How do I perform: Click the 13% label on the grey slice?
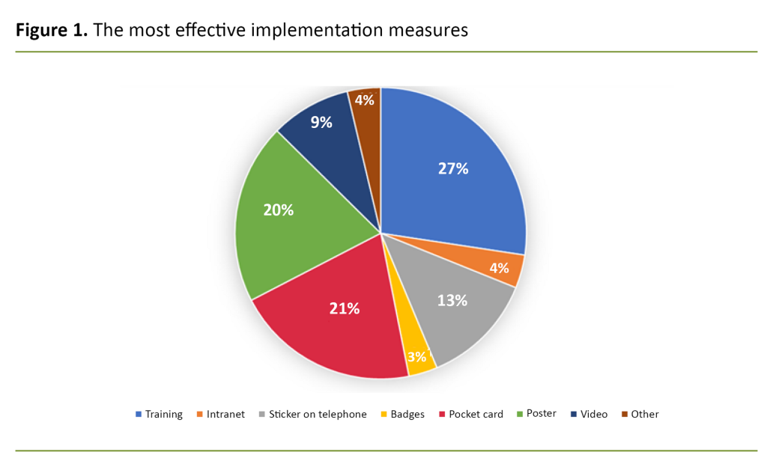452,300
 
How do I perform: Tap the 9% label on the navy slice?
321,122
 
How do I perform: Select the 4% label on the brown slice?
365,100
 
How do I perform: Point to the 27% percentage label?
453,168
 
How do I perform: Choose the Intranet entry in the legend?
225,414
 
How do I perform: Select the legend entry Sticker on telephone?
318,414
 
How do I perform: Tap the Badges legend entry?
407,414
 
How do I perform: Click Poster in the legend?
541,414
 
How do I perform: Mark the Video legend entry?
593,414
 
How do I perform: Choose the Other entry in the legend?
644,414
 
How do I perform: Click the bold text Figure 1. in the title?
51,30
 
